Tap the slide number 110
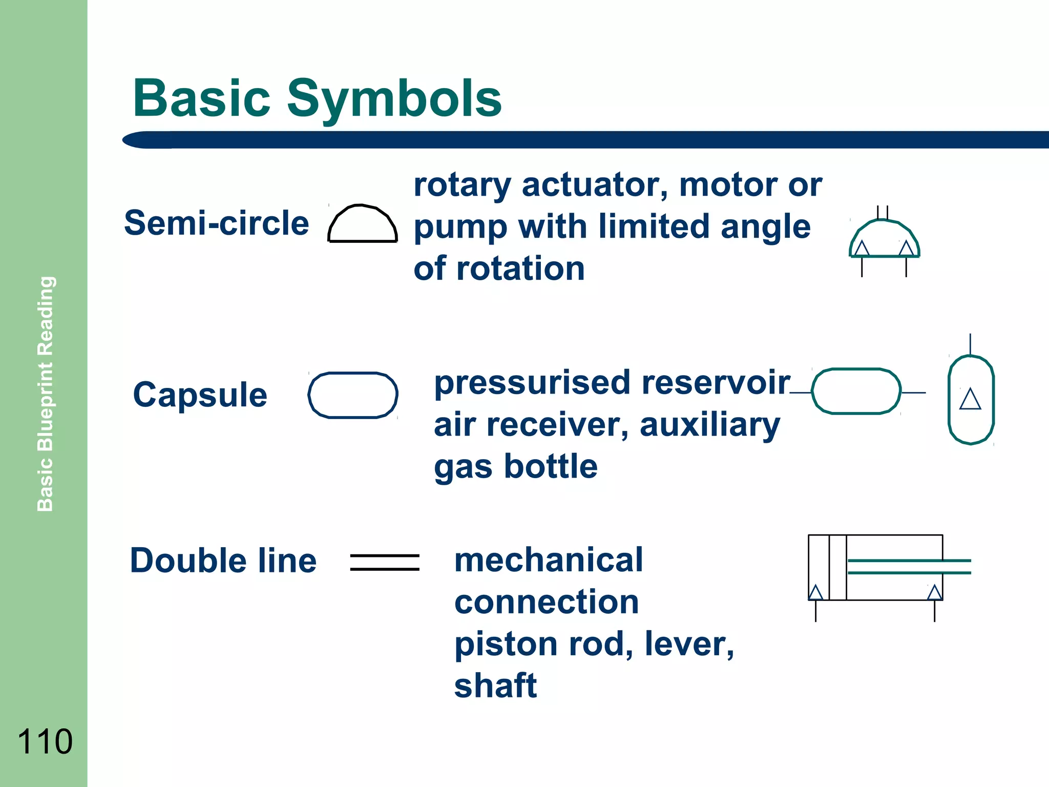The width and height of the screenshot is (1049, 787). pos(45,741)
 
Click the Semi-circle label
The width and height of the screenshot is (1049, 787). pos(216,223)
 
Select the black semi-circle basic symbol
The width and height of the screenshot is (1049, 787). pos(363,224)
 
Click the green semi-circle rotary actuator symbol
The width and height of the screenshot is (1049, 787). pos(884,239)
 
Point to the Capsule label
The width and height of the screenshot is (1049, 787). pos(200,395)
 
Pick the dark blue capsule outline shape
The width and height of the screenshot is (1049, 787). pos(353,395)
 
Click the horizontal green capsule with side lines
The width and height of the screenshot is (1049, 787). pos(856,391)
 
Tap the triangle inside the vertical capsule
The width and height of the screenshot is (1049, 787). pos(970,399)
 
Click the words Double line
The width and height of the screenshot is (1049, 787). pos(223,561)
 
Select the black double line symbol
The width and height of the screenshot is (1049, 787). pos(385,562)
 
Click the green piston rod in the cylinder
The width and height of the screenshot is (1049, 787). pos(909,567)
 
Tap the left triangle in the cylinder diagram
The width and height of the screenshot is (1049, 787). pos(815,593)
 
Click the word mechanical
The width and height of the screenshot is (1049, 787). pos(548,560)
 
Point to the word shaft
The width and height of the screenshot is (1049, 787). pos(495,686)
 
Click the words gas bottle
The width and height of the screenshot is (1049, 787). pos(515,467)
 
